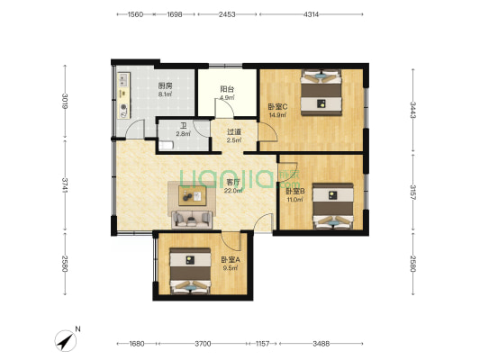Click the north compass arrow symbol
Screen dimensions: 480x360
click(66, 340)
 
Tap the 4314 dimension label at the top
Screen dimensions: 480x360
click(311, 14)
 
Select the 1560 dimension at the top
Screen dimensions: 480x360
click(135, 14)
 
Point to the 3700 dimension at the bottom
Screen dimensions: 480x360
click(203, 344)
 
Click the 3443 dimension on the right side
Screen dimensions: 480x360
click(413, 110)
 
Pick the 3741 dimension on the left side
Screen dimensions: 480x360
click(65, 185)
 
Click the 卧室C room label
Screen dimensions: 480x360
click(277, 107)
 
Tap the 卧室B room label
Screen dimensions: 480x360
click(295, 192)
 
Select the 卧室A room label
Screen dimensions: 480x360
click(231, 260)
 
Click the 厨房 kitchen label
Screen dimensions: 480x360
click(165, 85)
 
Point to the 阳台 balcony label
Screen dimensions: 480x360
click(227, 89)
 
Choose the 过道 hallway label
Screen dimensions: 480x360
click(234, 132)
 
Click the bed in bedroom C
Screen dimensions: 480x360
click(322, 93)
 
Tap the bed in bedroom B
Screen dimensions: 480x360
click(333, 206)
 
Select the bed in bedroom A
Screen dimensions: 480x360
click(190, 271)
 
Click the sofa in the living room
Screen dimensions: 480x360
click(192, 220)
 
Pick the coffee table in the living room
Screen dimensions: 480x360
click(193, 196)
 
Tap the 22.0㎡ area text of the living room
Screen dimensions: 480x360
click(233, 191)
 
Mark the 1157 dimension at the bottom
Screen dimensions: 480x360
click(262, 344)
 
